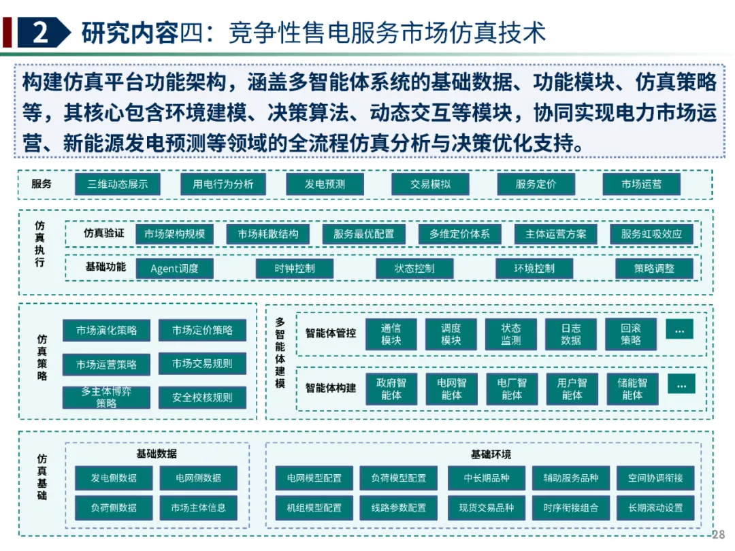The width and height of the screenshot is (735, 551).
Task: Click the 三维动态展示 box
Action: point(118,184)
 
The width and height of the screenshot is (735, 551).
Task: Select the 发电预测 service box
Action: point(325,184)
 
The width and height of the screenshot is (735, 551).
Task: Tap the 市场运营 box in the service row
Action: point(641,184)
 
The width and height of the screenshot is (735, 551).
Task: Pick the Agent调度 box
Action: point(175,269)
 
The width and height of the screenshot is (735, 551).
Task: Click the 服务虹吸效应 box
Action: point(651,234)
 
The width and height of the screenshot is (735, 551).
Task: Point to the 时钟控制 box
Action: point(295,269)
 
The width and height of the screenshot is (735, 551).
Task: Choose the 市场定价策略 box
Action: point(202,331)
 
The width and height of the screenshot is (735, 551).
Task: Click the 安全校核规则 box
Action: point(202,398)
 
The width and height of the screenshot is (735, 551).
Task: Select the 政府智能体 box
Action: point(391,389)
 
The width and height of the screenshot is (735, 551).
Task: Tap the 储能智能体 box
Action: point(632,389)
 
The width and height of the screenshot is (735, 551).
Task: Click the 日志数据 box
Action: point(571,334)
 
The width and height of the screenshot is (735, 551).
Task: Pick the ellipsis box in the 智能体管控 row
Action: point(679,330)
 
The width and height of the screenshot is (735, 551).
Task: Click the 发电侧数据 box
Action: point(114,478)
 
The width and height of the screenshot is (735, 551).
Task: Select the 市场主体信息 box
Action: point(199,507)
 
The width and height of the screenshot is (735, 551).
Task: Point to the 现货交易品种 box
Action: point(487,507)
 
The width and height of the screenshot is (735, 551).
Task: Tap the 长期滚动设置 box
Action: point(655,507)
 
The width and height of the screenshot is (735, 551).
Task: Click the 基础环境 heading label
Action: point(491,454)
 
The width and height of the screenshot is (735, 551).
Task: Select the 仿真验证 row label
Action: point(104,233)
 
